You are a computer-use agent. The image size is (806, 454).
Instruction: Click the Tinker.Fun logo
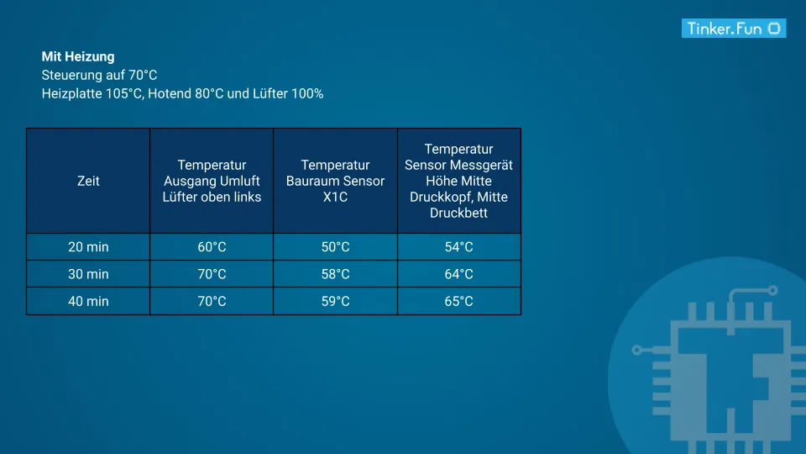click(733, 29)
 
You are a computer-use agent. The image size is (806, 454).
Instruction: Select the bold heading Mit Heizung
click(78, 57)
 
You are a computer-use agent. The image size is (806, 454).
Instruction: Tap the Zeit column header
click(88, 181)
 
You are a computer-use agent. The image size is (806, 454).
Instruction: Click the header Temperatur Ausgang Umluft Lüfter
click(212, 181)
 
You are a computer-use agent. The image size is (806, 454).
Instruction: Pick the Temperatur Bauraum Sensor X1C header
click(335, 181)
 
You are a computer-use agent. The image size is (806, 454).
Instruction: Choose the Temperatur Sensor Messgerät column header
click(458, 181)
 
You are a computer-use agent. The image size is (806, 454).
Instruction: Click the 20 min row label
click(88, 247)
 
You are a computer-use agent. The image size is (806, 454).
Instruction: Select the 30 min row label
click(88, 274)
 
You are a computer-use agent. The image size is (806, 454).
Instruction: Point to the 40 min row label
click(88, 301)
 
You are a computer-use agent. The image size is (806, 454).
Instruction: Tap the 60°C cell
click(212, 247)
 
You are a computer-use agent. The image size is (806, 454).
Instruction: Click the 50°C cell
click(335, 247)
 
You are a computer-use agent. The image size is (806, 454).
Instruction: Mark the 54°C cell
click(458, 247)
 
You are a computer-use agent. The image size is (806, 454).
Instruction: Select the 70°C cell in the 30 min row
click(212, 274)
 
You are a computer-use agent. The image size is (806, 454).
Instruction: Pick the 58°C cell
click(335, 274)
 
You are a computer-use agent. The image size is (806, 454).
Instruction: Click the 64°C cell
click(458, 274)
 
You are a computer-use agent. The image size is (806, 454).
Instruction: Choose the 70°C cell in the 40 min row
click(212, 301)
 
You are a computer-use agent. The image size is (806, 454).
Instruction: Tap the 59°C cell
click(335, 301)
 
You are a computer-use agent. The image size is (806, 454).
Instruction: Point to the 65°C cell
click(458, 301)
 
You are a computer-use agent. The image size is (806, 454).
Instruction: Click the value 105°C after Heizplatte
click(123, 94)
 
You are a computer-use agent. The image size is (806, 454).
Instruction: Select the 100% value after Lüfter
click(307, 94)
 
